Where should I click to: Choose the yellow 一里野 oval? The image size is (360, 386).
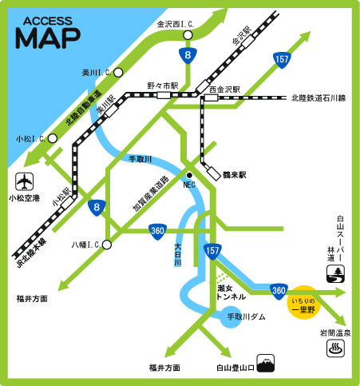307,302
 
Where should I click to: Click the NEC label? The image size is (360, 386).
189,185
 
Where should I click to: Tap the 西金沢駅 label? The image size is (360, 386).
224,90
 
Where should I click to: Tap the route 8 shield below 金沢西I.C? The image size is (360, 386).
186,55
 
